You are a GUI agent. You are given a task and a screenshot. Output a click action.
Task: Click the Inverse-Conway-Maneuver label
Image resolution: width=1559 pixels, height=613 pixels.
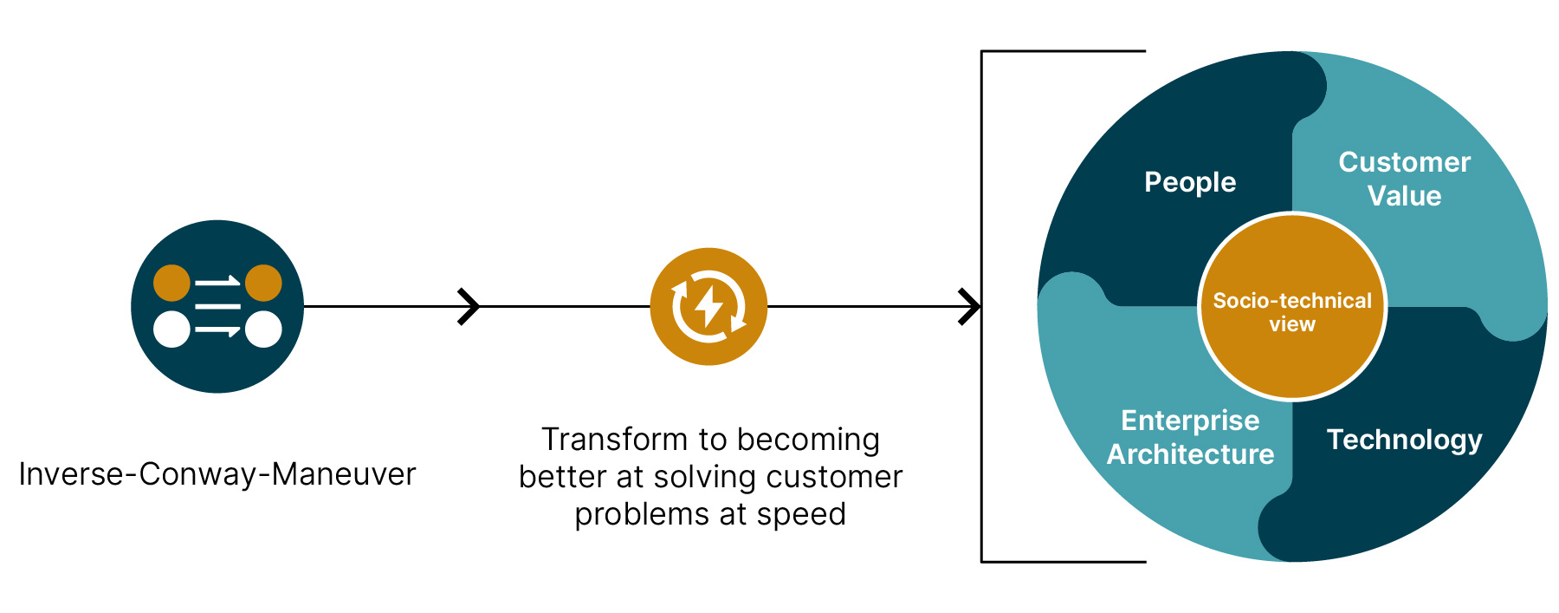(x=217, y=474)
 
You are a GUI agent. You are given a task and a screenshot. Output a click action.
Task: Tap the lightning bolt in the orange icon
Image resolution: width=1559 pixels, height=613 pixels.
(x=708, y=305)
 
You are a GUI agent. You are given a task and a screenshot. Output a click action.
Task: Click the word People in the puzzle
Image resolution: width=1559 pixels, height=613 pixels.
(x=1190, y=182)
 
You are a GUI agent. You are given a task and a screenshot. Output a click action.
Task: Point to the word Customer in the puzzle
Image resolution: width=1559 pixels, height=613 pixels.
(x=1404, y=162)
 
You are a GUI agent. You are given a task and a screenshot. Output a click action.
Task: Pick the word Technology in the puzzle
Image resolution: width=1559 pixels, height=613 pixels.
(x=1404, y=440)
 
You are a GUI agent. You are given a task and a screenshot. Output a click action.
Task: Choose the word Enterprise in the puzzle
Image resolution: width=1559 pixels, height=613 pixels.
(x=1190, y=421)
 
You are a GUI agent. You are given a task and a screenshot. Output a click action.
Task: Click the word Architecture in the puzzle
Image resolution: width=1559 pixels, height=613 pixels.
(x=1190, y=454)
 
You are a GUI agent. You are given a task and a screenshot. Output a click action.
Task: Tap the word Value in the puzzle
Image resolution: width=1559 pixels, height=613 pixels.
(x=1404, y=196)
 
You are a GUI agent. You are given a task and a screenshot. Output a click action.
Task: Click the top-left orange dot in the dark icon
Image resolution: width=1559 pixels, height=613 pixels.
(x=171, y=283)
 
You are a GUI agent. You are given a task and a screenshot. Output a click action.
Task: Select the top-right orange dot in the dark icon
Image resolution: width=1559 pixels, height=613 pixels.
(x=263, y=283)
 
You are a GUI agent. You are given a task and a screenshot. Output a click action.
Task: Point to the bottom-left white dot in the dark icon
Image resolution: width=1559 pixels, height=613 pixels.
(x=171, y=329)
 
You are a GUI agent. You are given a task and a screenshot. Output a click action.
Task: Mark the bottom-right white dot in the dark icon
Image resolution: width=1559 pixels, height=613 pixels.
(x=263, y=329)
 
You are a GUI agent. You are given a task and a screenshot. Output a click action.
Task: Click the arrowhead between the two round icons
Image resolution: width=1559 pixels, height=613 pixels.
(x=469, y=306)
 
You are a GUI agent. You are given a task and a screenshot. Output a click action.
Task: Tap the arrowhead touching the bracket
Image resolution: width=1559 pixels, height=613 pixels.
(x=970, y=306)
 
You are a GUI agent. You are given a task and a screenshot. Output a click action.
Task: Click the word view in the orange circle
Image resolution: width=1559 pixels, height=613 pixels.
(x=1292, y=324)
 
